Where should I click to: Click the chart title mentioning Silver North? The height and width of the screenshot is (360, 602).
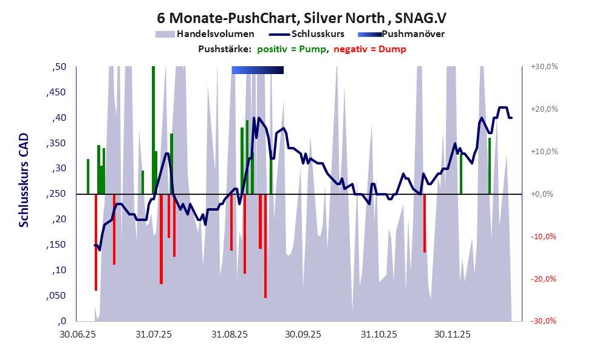pos(300,17)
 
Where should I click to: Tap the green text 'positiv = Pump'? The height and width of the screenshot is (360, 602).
pos(291,49)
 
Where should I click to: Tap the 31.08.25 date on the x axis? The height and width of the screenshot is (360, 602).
pos(229,334)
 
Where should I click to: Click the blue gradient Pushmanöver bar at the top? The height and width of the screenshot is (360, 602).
pos(258,70)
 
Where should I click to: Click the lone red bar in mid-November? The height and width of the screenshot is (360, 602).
pos(425,223)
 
